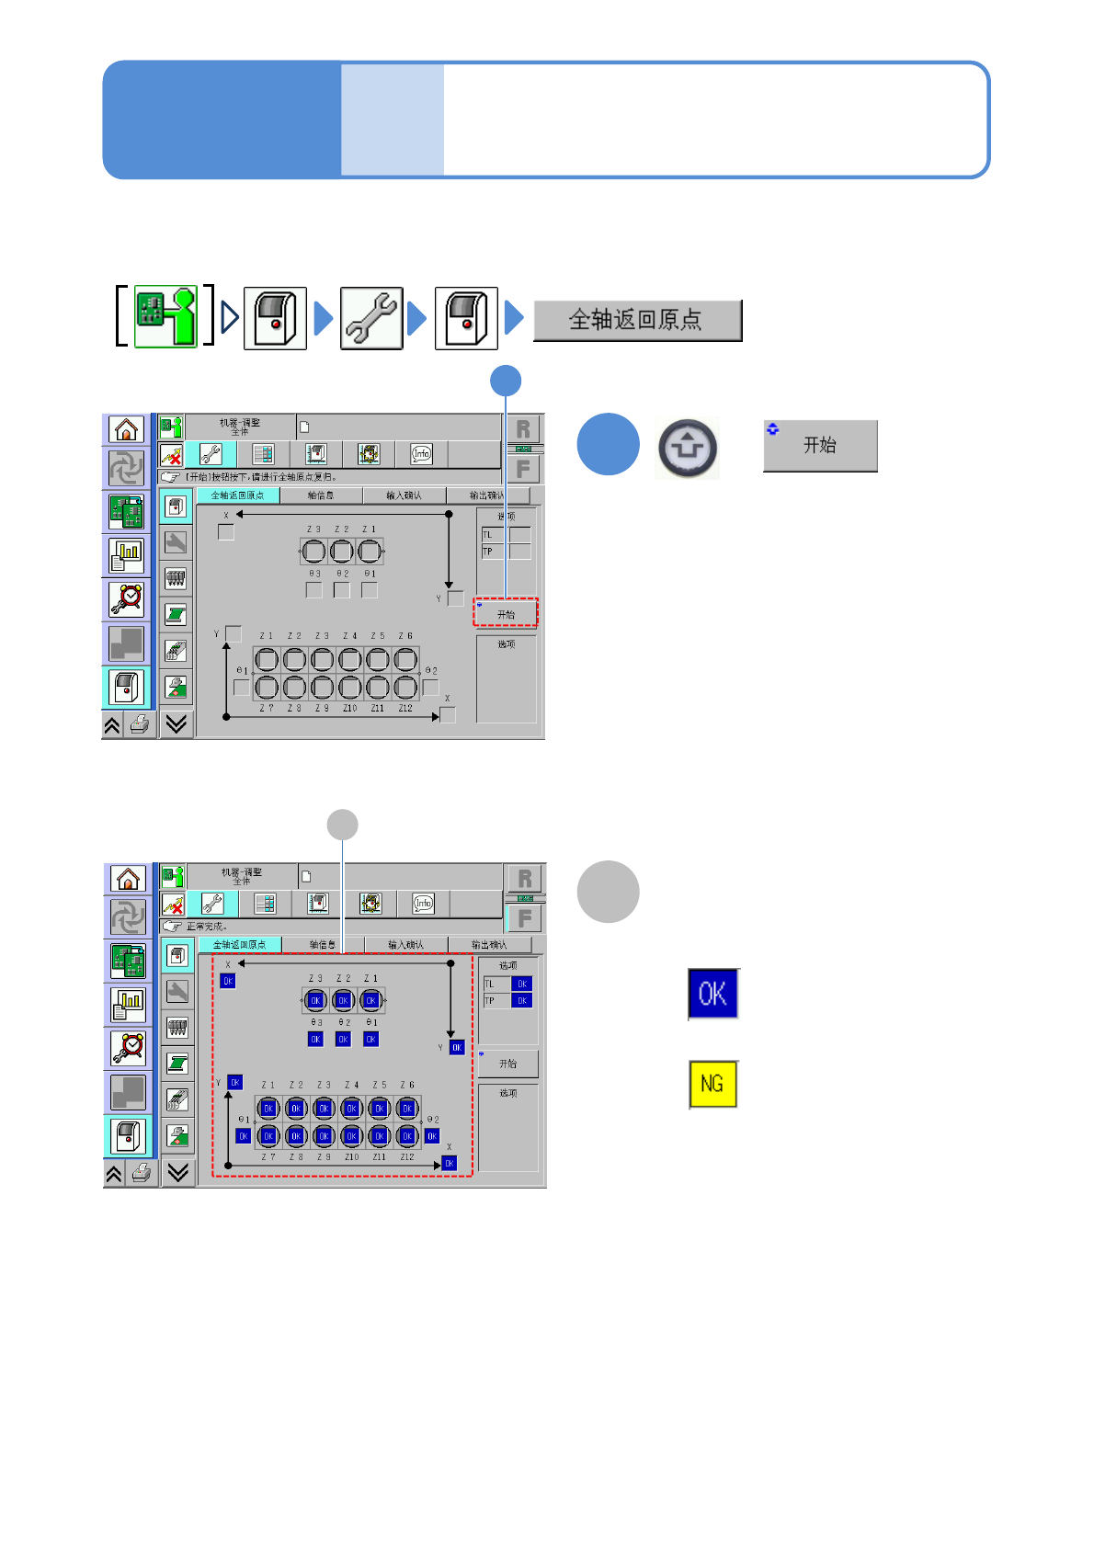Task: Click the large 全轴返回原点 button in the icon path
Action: point(637,320)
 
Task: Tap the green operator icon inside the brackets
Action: point(166,316)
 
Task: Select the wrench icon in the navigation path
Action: point(371,318)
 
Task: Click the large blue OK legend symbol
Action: point(713,994)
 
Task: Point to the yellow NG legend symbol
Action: point(713,1084)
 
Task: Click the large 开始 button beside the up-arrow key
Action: point(820,446)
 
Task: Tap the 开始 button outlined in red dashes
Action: point(506,613)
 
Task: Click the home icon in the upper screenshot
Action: point(127,429)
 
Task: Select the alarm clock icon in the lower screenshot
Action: point(129,1048)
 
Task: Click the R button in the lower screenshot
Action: point(525,879)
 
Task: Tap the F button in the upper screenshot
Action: point(523,469)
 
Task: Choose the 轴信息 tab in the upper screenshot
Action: point(321,495)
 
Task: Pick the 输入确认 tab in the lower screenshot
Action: point(405,945)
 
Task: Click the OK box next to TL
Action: point(522,984)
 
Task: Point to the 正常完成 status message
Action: point(207,927)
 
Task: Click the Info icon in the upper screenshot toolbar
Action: point(421,453)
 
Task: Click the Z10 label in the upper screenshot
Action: point(350,708)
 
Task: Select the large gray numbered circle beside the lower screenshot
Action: point(608,892)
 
